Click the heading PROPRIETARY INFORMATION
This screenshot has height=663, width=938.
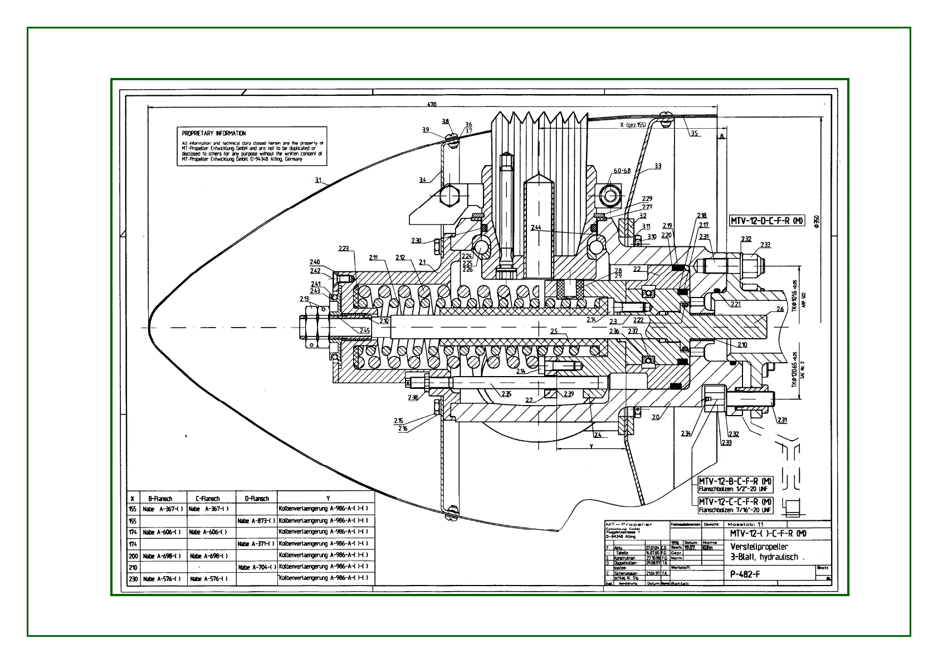pyautogui.click(x=213, y=133)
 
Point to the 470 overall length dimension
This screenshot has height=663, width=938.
pyautogui.click(x=432, y=105)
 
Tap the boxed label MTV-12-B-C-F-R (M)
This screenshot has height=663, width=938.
pyautogui.click(x=735, y=481)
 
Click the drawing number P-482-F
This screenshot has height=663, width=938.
pyautogui.click(x=745, y=574)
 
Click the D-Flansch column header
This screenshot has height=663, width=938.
pyautogui.click(x=256, y=499)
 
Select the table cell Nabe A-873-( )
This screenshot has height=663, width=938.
pyautogui.click(x=256, y=521)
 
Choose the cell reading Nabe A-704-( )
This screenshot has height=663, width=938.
pyautogui.click(x=256, y=567)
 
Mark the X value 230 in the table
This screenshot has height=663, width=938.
pyautogui.click(x=133, y=579)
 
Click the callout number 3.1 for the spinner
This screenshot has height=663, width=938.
pyautogui.click(x=319, y=179)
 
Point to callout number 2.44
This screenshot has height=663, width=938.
pyautogui.click(x=536, y=227)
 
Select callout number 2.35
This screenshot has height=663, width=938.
pyautogui.click(x=506, y=394)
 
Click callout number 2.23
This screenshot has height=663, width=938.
pyautogui.click(x=344, y=248)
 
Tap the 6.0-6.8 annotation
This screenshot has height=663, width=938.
pyautogui.click(x=622, y=170)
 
